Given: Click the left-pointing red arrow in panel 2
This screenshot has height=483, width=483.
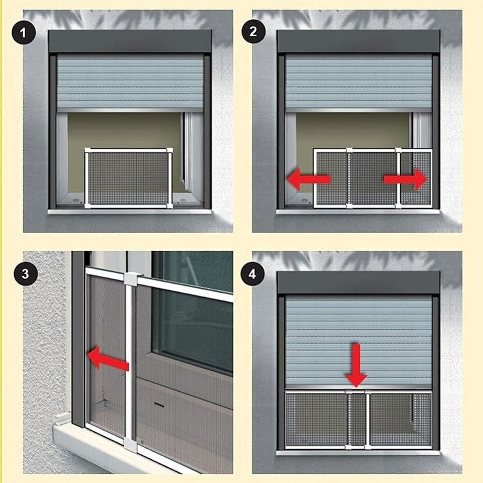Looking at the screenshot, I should coord(308,179).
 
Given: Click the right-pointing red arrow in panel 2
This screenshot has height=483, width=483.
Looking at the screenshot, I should coord(406,179).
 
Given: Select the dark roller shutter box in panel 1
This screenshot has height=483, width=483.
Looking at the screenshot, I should coord(130,42).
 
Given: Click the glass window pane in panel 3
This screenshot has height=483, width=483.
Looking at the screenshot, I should coord(193,328).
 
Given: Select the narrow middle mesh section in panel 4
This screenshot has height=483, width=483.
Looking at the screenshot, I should coord(358,419).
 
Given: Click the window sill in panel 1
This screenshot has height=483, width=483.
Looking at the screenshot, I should coord(129,212).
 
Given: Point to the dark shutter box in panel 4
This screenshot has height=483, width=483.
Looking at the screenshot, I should coord(358,283).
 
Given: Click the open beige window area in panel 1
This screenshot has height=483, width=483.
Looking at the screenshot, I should coord(123,130).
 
